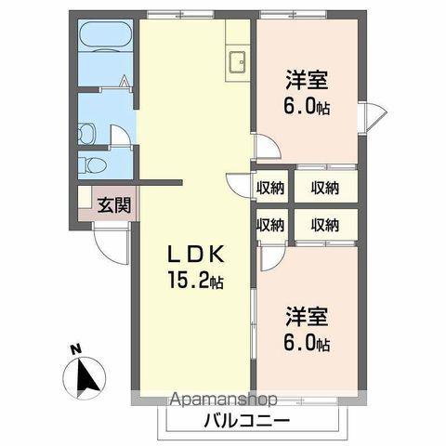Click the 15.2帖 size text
click(194, 279)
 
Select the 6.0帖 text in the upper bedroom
click(308, 106)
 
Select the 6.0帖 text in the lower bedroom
click(308, 344)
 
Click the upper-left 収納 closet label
click(271, 187)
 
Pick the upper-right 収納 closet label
click(325, 187)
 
